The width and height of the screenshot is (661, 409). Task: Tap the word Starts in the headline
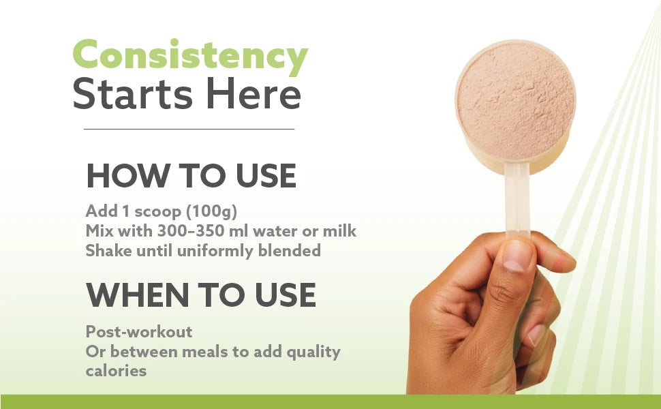(132, 93)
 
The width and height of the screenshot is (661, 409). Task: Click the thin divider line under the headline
(189, 129)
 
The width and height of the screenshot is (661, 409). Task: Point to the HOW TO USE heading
(191, 175)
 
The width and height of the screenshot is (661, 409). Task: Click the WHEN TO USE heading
(201, 294)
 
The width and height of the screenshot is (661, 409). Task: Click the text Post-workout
(139, 332)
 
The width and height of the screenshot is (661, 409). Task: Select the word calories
(116, 371)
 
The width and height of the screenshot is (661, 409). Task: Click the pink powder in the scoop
(516, 100)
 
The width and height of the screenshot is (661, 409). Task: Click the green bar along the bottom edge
(330, 402)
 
